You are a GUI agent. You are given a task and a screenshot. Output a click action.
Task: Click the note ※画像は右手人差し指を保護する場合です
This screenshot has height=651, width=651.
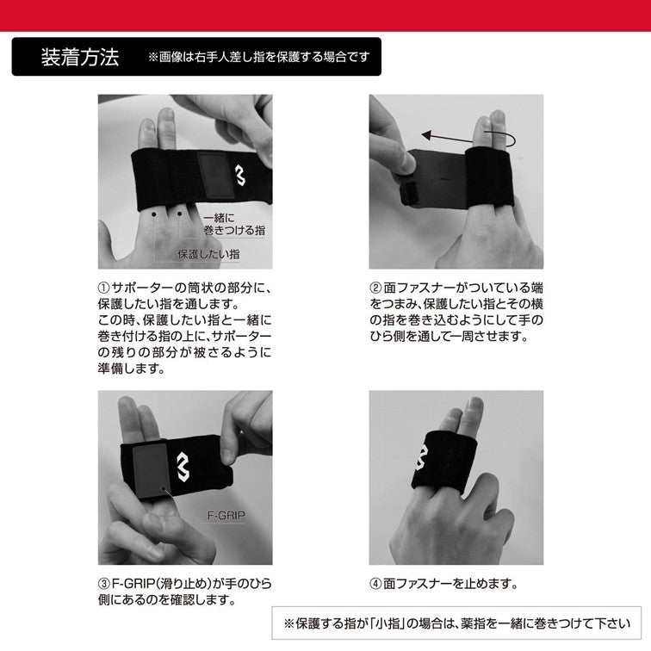point(258,58)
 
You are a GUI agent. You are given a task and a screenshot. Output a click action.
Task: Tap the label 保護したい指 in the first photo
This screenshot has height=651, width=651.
point(208,254)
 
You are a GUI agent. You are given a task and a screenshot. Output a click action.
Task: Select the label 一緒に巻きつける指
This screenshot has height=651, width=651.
point(222,225)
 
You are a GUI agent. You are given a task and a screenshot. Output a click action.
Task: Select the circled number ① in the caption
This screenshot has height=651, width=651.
point(103,288)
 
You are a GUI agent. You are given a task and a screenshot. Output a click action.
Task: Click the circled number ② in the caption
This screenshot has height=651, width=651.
point(375,288)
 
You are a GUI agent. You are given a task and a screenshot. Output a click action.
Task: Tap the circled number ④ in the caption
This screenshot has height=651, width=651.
point(375,583)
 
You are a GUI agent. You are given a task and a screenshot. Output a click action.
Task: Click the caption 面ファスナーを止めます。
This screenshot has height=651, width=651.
point(451,583)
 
